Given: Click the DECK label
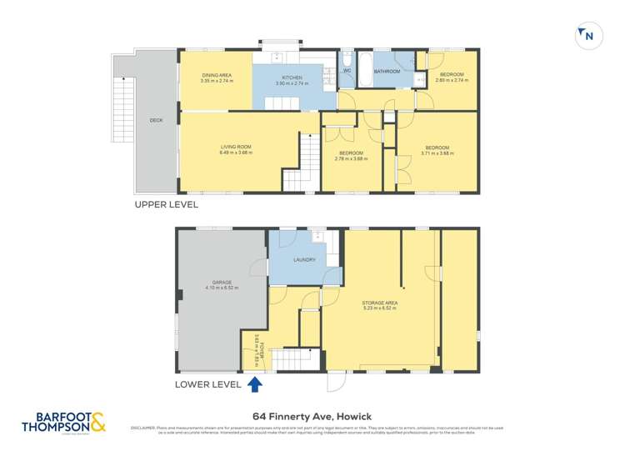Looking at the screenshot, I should tap(156, 120).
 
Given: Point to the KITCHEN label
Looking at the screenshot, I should tap(291, 77).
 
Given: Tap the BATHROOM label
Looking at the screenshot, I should tap(387, 72).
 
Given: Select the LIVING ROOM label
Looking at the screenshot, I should tap(235, 147).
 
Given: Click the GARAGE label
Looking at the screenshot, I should tap(222, 283).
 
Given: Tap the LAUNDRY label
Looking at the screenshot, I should tap(304, 259).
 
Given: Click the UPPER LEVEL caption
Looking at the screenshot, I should tap(166, 203).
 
